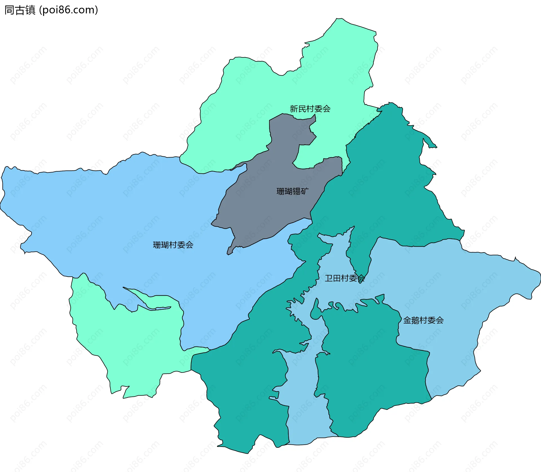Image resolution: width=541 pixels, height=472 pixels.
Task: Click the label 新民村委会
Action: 310,109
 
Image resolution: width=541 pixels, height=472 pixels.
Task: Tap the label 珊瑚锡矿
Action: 292,191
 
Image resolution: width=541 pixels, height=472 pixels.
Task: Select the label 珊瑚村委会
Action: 173,245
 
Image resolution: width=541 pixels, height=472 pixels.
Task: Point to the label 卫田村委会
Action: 345,278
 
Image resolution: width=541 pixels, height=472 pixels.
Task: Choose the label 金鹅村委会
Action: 423,320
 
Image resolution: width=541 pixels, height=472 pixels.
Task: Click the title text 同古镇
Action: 20,10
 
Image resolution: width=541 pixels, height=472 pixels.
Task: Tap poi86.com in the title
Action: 68,10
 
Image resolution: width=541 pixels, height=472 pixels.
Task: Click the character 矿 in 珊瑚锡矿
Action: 305,191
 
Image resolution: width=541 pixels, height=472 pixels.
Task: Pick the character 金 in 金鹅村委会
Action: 407,320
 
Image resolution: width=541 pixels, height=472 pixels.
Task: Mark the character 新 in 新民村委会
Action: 294,109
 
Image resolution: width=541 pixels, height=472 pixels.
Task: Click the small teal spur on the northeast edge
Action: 430,142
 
